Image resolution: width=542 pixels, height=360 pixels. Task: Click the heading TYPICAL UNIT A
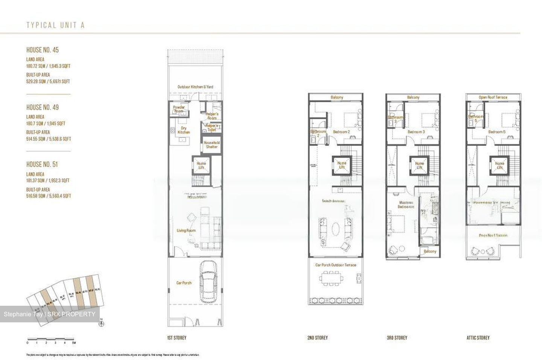55,25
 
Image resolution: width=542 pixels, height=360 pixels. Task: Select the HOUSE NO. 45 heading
43,50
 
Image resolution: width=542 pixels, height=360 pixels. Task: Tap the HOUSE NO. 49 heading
43,107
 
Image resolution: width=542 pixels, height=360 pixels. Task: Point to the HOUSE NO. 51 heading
42,164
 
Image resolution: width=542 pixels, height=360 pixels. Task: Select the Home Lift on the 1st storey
201,165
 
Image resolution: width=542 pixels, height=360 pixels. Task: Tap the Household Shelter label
212,145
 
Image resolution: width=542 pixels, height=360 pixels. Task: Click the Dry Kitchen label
184,130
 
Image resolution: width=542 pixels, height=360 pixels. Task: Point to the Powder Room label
179,109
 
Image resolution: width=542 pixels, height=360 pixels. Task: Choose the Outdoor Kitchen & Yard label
195,87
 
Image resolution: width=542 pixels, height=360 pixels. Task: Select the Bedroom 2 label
341,132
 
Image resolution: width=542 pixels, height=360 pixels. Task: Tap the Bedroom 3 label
416,132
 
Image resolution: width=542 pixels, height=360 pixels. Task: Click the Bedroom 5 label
497,132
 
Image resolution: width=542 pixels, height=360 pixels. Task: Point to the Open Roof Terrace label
493,97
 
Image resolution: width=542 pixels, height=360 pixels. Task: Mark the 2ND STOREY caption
317,338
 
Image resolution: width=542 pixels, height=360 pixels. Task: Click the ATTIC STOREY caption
478,338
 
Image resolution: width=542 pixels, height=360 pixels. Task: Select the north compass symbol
102,323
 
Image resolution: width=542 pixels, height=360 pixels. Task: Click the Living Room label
186,230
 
